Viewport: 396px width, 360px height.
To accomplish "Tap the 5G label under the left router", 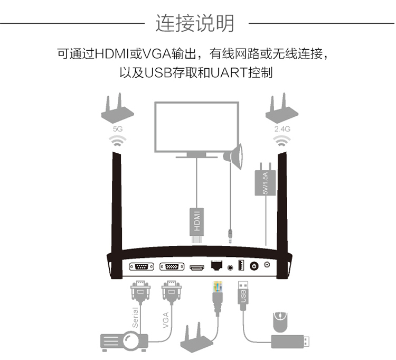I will pyautogui.click(x=118, y=128).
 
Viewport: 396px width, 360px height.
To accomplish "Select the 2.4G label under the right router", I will pyautogui.click(x=282, y=128).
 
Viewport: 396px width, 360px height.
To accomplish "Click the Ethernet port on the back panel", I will pyautogui.click(x=216, y=265).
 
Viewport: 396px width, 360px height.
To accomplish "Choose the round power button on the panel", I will pyautogui.click(x=255, y=266).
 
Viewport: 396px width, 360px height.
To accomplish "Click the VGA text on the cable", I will pyautogui.click(x=165, y=320).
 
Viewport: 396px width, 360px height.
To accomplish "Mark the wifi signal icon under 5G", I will pyautogui.click(x=118, y=141).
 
